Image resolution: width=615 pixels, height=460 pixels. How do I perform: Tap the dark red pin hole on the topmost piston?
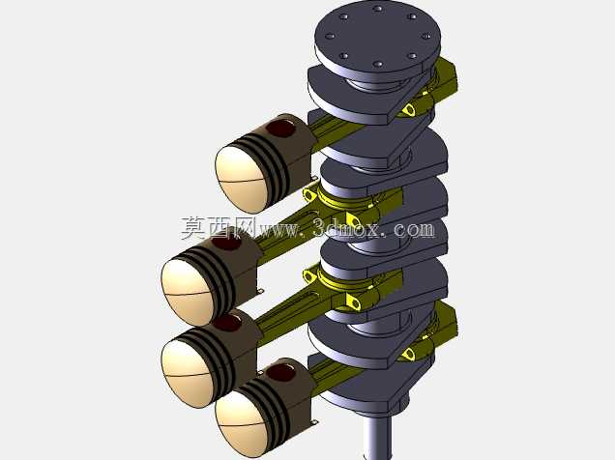pos(280,129)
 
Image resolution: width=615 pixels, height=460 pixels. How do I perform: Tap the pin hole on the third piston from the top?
pos(226,323)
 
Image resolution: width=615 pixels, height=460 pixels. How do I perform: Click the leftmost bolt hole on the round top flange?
pos(330,36)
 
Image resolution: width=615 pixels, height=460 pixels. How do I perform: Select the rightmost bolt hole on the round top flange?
pos(425,36)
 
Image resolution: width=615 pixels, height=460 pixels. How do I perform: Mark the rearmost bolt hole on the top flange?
pos(377,8)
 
